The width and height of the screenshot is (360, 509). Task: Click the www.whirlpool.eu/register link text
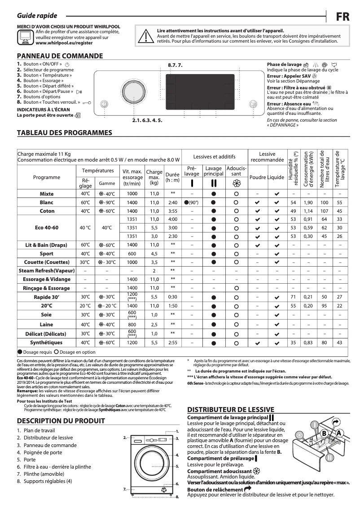[64, 43]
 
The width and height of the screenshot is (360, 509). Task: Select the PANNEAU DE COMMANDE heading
[60, 56]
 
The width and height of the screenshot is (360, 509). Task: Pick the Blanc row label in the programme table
[47, 202]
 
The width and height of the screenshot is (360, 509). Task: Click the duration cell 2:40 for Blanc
[172, 202]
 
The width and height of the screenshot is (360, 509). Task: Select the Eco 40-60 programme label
[47, 228]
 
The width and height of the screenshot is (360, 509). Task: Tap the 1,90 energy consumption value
[308, 202]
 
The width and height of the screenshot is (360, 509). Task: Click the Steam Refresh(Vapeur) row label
[47, 271]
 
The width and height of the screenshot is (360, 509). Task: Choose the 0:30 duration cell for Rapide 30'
[172, 297]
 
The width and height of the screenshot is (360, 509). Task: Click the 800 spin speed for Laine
[132, 324]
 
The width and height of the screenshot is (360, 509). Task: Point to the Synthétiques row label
[47, 342]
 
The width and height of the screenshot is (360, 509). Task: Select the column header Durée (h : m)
[172, 177]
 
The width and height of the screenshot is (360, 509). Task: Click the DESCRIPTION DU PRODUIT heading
[61, 421]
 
